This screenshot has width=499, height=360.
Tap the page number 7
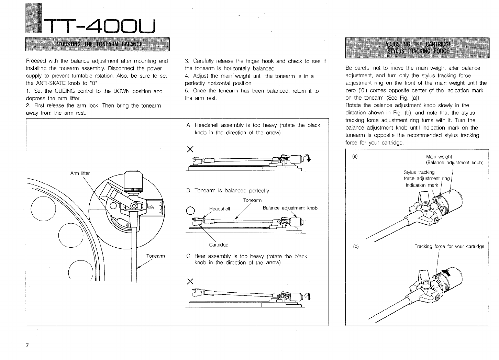tap(27, 346)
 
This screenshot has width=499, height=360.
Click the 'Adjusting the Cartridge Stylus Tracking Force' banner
tap(417, 48)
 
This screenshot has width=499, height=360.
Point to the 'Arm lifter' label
tap(80, 173)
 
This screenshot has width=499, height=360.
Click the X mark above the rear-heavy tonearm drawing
tap(188, 282)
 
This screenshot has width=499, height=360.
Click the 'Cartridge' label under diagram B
tap(219, 245)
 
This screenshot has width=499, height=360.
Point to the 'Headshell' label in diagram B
tap(219, 209)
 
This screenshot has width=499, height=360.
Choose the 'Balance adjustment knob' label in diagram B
tap(290, 208)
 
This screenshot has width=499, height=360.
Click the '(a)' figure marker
tap(355, 156)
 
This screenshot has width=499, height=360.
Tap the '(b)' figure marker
tap(356, 246)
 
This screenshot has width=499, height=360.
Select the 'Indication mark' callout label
tap(422, 185)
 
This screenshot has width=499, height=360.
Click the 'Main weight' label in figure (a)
tap(439, 157)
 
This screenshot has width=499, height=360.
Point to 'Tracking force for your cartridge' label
tap(449, 246)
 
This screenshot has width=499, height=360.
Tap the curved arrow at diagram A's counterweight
tap(308, 158)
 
